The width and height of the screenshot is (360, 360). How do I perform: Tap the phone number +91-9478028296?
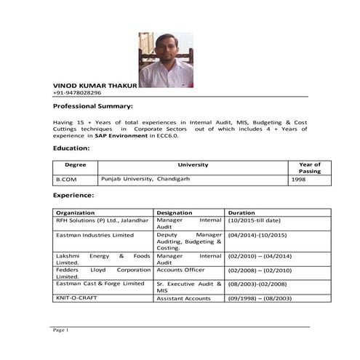click(77, 93)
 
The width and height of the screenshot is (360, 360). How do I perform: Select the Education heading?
click(71, 148)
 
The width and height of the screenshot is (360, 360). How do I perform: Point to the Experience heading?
click(73, 196)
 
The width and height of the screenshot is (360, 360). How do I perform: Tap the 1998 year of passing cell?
click(298, 179)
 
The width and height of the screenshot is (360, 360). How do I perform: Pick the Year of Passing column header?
click(309, 168)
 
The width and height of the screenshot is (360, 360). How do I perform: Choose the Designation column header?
click(174, 212)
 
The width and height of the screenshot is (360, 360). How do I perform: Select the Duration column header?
click(241, 212)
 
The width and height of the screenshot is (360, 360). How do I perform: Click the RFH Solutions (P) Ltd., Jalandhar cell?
click(102, 220)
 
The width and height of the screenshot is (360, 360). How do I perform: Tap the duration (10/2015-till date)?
click(254, 220)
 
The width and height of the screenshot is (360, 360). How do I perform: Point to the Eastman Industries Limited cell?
click(95, 236)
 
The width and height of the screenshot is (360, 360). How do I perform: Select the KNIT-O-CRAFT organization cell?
click(76, 298)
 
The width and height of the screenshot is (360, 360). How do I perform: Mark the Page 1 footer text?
click(60, 331)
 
